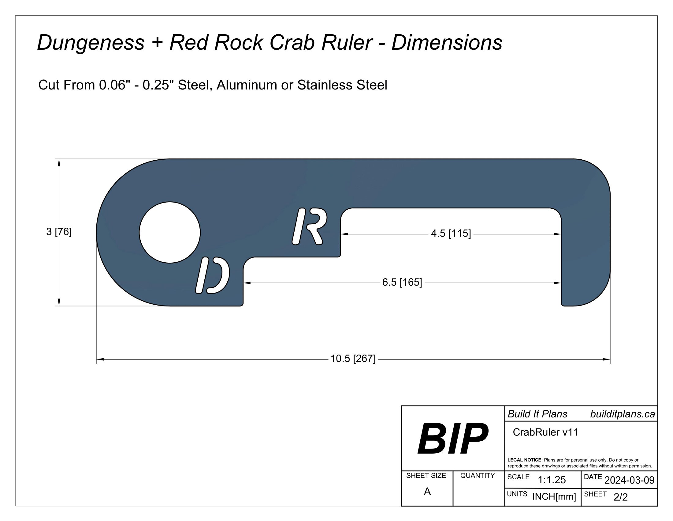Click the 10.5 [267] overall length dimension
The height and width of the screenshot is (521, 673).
click(x=353, y=359)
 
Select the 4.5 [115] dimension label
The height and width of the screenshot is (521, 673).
click(x=451, y=233)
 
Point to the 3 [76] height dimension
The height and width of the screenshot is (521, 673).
click(x=59, y=231)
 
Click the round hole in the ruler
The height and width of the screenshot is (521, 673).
click(x=170, y=232)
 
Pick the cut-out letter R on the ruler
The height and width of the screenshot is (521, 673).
click(x=309, y=226)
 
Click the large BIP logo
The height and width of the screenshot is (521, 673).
click(x=452, y=438)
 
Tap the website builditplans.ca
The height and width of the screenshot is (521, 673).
click(x=622, y=414)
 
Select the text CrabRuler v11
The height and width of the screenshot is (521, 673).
click(x=545, y=432)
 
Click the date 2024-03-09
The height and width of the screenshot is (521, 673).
click(x=629, y=480)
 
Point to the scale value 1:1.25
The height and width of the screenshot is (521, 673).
click(x=552, y=480)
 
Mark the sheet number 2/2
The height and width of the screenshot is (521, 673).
click(x=620, y=497)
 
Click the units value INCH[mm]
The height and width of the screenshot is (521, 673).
click(x=554, y=496)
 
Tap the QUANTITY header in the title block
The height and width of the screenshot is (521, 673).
click(x=477, y=476)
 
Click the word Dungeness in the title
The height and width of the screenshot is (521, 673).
click(x=91, y=42)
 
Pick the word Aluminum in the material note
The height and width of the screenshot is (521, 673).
click(x=247, y=85)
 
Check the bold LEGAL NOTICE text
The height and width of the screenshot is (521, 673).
click(x=525, y=460)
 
